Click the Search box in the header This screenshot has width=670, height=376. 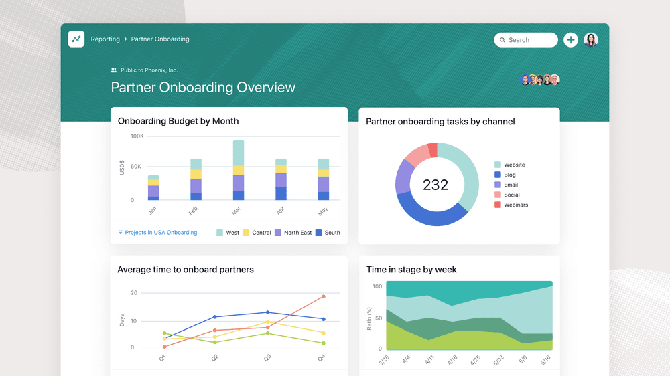(526, 40)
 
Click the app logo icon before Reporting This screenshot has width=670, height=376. (76, 39)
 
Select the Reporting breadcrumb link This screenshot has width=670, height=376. (105, 39)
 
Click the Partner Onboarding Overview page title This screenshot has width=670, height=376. (203, 88)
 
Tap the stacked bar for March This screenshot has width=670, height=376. (238, 170)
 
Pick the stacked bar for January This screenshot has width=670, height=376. (153, 187)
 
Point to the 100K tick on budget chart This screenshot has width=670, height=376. (137, 136)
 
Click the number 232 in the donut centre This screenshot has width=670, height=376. (435, 185)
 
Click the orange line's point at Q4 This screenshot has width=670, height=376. (323, 296)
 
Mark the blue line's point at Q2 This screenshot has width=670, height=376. (214, 317)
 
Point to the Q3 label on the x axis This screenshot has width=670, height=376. (267, 358)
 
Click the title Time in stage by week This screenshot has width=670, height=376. (411, 270)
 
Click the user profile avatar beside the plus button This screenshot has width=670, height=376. (591, 40)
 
